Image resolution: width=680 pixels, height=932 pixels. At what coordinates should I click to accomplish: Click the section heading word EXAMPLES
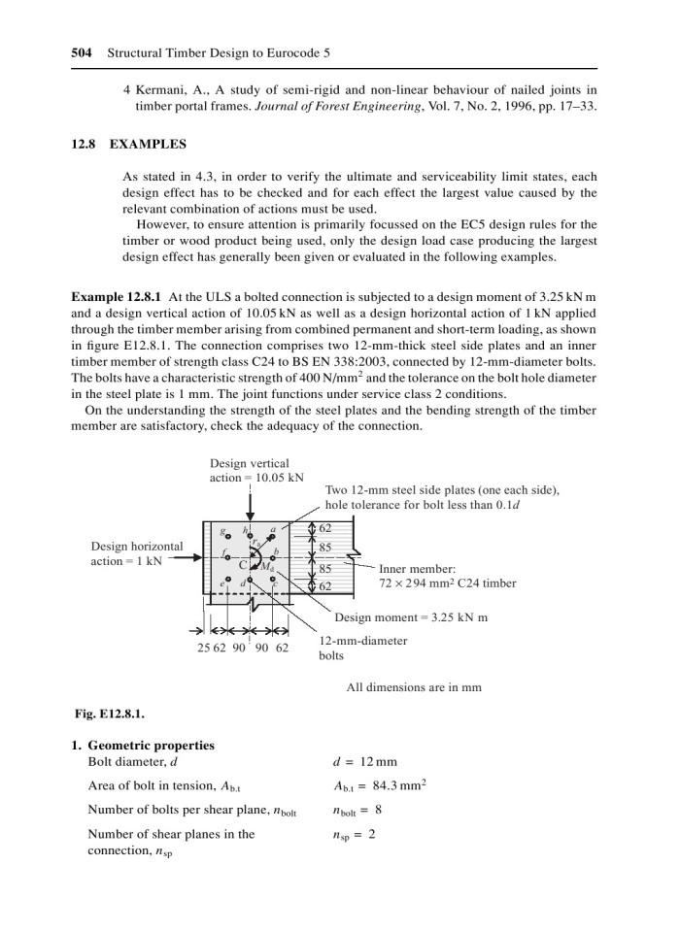click(x=148, y=144)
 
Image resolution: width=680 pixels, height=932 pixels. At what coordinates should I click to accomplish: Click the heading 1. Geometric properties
click(x=145, y=745)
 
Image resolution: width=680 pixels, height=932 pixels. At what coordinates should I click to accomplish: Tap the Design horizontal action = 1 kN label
click(x=136, y=553)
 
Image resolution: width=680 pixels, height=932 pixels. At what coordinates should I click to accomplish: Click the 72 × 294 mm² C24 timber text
click(x=447, y=583)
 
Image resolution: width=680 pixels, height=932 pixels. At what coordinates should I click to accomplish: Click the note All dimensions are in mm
click(x=414, y=687)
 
